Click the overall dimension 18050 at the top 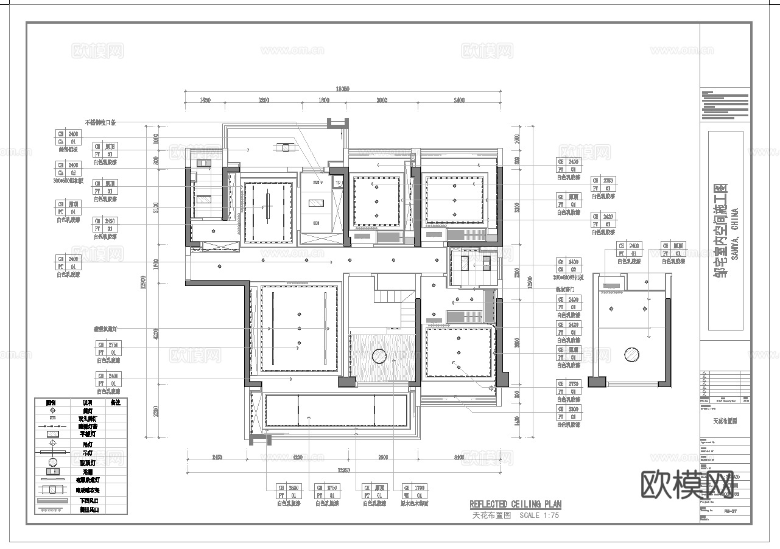pyautogui.click(x=344, y=89)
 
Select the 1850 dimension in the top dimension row pyautogui.click(x=205, y=100)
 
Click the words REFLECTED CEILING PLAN pyautogui.click(x=515, y=505)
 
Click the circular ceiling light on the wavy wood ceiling pyautogui.click(x=379, y=355)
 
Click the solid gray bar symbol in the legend pyautogui.click(x=52, y=501)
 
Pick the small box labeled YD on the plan pyautogui.click(x=339, y=181)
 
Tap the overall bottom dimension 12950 pyautogui.click(x=344, y=470)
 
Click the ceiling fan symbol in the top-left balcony pyautogui.click(x=285, y=147)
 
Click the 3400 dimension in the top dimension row pyautogui.click(x=455, y=100)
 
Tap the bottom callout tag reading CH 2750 pyautogui.click(x=327, y=492)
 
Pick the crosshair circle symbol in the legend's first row pyautogui.click(x=52, y=411)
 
